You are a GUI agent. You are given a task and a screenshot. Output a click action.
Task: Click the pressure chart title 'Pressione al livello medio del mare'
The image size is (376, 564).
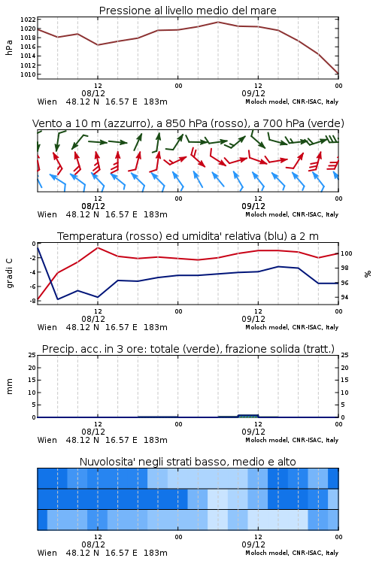[187, 11]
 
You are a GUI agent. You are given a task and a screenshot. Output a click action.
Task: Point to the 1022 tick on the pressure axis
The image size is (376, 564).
[28, 20]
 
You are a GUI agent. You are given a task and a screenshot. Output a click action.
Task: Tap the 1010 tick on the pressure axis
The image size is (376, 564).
[28, 74]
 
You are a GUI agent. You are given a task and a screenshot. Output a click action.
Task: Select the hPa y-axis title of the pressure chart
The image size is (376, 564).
[9, 47]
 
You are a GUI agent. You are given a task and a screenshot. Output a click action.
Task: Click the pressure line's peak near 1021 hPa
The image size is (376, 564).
[217, 22]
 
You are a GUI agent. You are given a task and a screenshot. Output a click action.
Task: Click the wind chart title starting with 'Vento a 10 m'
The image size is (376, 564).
[188, 123]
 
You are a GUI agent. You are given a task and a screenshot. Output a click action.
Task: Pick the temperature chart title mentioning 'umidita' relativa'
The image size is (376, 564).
[188, 236]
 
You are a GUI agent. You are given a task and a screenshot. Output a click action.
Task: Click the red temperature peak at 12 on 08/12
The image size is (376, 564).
[98, 247]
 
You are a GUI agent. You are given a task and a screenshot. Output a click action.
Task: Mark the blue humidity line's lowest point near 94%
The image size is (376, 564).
[58, 299]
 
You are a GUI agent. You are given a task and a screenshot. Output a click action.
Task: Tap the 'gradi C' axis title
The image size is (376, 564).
[9, 273]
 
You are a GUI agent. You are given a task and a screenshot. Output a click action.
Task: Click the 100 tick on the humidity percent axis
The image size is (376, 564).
[346, 253]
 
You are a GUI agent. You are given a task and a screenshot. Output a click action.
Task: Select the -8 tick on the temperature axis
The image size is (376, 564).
[32, 301]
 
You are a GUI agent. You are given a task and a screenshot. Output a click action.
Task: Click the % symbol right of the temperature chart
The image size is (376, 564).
[368, 274]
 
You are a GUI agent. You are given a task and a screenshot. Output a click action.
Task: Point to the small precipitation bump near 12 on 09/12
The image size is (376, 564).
[248, 416]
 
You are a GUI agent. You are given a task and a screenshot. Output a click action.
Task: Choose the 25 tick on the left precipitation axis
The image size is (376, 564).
[32, 356]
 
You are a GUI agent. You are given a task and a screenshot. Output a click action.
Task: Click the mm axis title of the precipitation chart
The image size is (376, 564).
[9, 387]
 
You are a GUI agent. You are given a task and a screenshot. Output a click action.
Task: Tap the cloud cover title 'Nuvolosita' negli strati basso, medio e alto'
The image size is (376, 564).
[187, 462]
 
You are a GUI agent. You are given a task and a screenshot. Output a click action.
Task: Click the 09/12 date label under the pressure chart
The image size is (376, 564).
[253, 93]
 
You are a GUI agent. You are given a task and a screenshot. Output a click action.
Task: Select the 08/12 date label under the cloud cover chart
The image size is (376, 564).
[93, 544]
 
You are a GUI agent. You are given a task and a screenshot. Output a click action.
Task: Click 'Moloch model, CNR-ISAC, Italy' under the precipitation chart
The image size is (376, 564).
[292, 440]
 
